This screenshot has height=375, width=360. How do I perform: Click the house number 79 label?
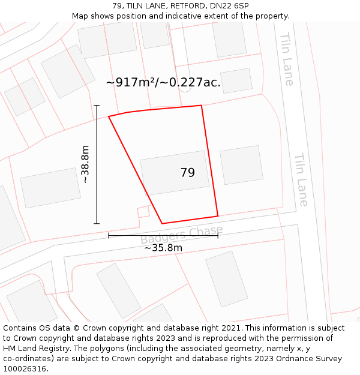click(187, 173)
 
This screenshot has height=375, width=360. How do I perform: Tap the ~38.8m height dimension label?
click(85, 164)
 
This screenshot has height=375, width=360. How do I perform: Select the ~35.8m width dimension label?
click(163, 247)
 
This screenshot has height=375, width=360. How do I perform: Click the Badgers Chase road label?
click(182, 235)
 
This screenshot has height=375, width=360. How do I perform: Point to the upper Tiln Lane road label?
click(286, 59)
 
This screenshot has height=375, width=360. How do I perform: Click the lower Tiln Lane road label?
click(300, 180)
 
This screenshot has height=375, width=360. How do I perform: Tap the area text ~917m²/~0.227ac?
click(163, 83)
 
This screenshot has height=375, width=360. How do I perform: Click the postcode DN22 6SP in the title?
click(227, 6)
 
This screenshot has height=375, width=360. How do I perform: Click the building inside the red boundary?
click(175, 172)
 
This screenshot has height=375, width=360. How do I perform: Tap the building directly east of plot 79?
click(241, 165)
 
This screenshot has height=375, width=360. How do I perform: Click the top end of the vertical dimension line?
click(97, 106)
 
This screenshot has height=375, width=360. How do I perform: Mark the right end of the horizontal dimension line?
click(218, 235)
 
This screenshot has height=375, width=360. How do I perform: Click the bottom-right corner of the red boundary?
click(218, 216)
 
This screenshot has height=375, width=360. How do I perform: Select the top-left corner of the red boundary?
click(109, 116)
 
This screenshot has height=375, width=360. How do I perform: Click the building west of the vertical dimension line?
click(50, 188)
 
